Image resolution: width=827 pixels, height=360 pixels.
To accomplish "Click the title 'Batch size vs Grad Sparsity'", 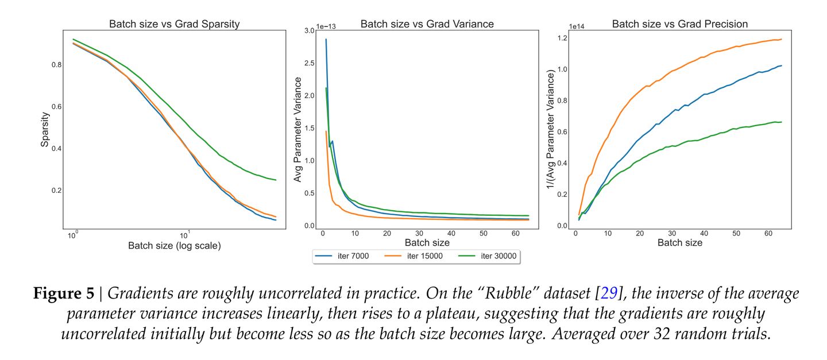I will [x=175, y=24].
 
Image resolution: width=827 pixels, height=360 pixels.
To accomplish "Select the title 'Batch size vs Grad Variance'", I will [x=427, y=24].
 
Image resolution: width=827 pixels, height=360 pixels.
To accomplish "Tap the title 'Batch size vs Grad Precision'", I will [x=680, y=24].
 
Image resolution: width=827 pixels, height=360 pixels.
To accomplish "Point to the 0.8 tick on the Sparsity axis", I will [x=56, y=65].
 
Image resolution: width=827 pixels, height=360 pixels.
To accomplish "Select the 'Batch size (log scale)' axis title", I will [x=175, y=246].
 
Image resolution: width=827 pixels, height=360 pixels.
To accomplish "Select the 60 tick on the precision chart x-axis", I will [x=768, y=235].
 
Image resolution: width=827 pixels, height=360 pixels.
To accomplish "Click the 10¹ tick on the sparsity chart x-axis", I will [x=185, y=236].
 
